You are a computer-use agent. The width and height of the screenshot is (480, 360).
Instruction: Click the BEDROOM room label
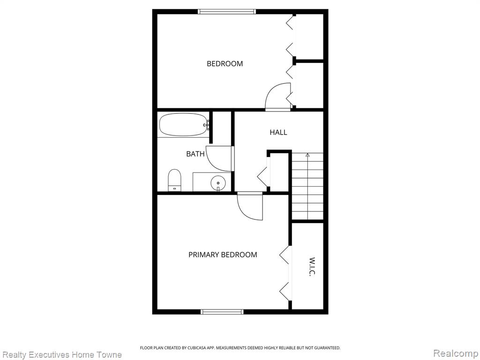[x=225, y=64]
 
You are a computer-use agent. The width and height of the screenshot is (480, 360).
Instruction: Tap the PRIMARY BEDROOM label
[x=223, y=255]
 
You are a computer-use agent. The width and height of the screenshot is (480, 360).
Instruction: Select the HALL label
[x=278, y=132]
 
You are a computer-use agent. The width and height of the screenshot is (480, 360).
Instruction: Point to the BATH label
[x=195, y=154]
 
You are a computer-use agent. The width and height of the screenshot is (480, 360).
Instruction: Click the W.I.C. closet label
[x=312, y=267]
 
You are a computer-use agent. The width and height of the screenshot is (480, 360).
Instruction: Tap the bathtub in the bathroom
[x=184, y=125]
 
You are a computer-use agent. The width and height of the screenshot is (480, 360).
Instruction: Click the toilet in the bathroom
[x=174, y=180]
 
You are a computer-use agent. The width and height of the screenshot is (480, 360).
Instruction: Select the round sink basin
[x=218, y=183]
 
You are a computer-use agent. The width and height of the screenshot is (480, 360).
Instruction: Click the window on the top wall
[x=226, y=12]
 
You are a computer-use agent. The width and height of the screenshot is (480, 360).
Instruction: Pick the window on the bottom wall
[x=222, y=312]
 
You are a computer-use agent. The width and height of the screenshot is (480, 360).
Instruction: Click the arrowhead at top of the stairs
[x=307, y=155]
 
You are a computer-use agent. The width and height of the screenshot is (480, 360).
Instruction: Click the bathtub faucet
[x=207, y=125]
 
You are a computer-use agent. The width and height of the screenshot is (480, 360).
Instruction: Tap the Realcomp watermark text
[x=456, y=353]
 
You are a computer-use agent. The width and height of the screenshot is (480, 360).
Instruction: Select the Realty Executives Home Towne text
[x=62, y=355]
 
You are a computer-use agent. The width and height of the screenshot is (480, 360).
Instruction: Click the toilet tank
[x=174, y=188]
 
